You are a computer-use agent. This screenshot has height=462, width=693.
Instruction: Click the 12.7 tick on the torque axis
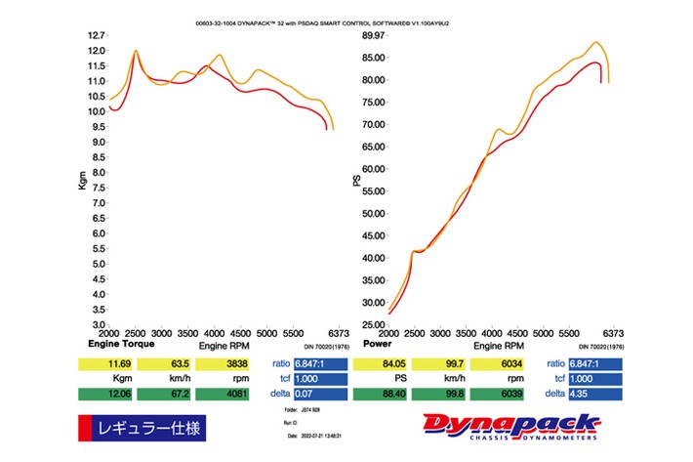[96, 35]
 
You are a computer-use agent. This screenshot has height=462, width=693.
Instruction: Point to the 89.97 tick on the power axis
[372, 35]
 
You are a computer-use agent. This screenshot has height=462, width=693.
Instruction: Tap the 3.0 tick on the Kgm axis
[97, 324]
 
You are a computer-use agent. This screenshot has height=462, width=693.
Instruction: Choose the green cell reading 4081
[223, 395]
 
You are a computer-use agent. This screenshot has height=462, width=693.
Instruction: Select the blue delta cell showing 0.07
[316, 395]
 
